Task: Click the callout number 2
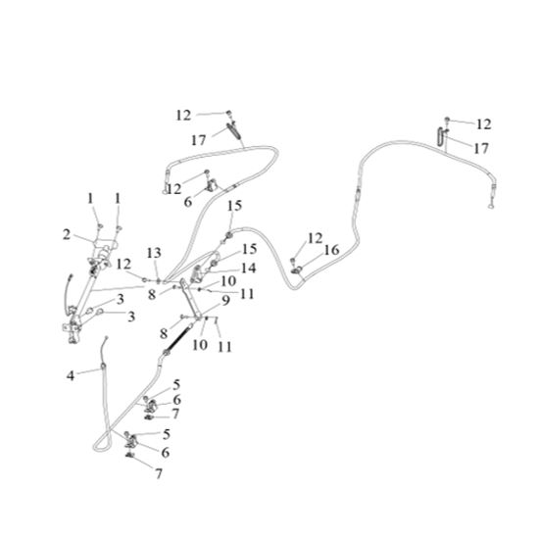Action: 67,235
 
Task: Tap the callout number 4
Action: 71,375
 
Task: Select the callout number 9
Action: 225,301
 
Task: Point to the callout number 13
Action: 154,254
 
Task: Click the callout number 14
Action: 249,268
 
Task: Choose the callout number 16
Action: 332,250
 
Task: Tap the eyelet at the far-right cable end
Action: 491,206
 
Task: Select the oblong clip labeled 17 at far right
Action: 441,137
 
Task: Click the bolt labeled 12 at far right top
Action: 447,120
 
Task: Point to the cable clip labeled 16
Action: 296,270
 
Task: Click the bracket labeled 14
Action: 197,273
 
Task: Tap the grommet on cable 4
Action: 103,366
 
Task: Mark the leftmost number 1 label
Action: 90,199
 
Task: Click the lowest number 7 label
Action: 159,473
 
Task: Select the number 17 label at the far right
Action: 481,149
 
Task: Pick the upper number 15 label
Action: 234,206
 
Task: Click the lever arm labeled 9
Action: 191,299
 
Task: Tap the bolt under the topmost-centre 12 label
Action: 228,113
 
